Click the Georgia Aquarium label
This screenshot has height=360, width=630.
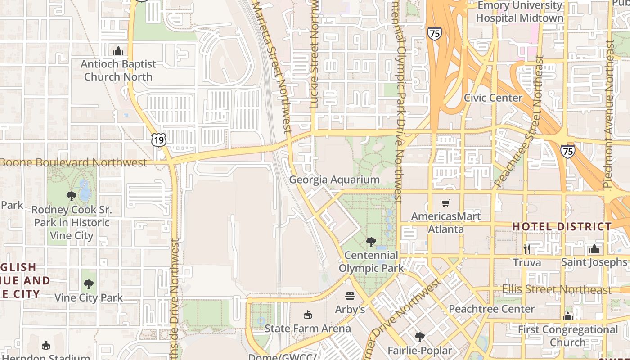(334, 180)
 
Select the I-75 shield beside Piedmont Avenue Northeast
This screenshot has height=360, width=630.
(568, 151)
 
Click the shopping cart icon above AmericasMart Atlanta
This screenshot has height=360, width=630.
(445, 203)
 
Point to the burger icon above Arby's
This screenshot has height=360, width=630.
(350, 296)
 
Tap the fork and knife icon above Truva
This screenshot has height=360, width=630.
(527, 249)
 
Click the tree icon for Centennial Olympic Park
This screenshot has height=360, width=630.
(371, 242)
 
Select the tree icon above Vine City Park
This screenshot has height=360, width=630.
(89, 284)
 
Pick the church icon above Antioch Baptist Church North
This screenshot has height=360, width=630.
(118, 51)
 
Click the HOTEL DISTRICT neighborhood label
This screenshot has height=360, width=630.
(562, 226)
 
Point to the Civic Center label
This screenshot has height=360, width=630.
(493, 98)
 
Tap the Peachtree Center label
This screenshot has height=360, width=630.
(491, 309)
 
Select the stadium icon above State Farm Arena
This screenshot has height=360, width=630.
(308, 315)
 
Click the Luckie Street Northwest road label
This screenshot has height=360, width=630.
(315, 54)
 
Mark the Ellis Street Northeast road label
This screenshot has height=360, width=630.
(557, 289)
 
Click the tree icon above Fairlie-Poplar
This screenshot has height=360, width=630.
(419, 337)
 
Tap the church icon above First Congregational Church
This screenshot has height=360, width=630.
(568, 316)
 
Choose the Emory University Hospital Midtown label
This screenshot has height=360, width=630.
(520, 12)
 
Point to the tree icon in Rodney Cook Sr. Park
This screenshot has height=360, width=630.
(71, 196)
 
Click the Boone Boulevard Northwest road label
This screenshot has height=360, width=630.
(74, 162)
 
